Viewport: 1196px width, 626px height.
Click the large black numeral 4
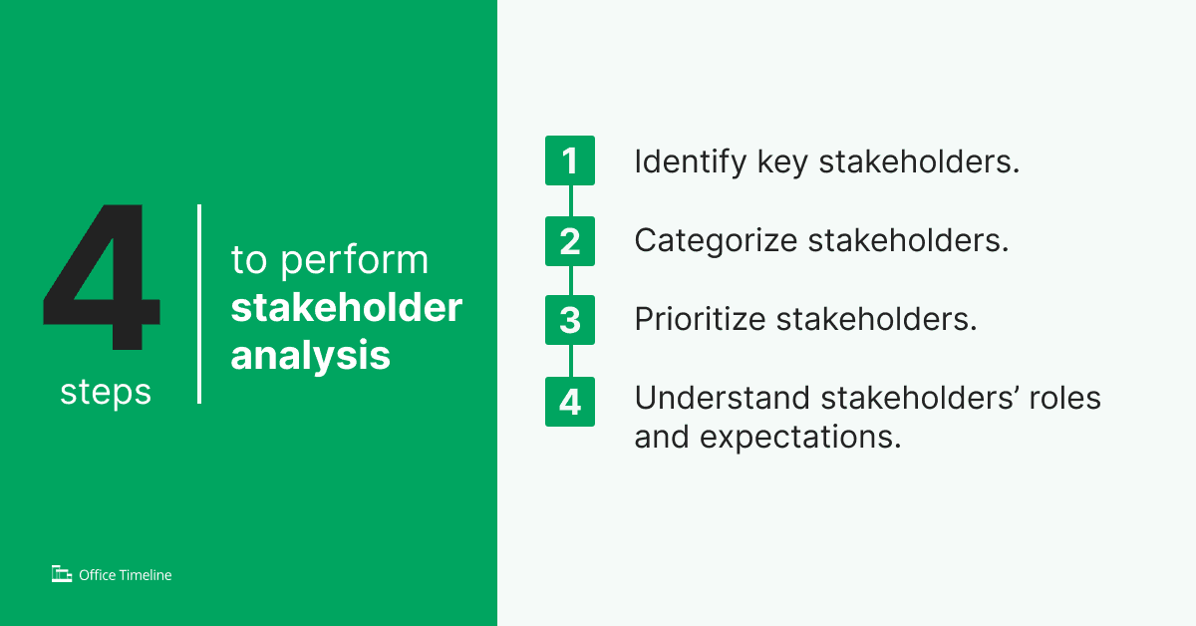click(x=101, y=279)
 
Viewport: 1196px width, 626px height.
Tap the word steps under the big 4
click(x=106, y=392)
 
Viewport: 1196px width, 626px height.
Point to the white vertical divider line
click(x=199, y=304)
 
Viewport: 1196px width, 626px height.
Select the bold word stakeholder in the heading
click(x=346, y=308)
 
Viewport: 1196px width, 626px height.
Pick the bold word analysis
click(x=310, y=355)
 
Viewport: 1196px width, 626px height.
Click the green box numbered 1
click(x=569, y=160)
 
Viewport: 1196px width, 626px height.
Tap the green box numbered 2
click(x=569, y=241)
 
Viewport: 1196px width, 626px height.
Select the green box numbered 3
click(x=569, y=321)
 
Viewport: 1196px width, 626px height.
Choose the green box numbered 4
click(x=569, y=402)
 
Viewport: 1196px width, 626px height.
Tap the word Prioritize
click(x=699, y=321)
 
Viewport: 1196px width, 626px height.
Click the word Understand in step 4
click(x=722, y=398)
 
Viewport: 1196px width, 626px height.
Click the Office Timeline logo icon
click(x=62, y=574)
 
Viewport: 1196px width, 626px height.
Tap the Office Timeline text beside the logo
click(x=125, y=575)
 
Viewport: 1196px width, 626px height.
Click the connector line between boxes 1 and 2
click(x=570, y=200)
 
